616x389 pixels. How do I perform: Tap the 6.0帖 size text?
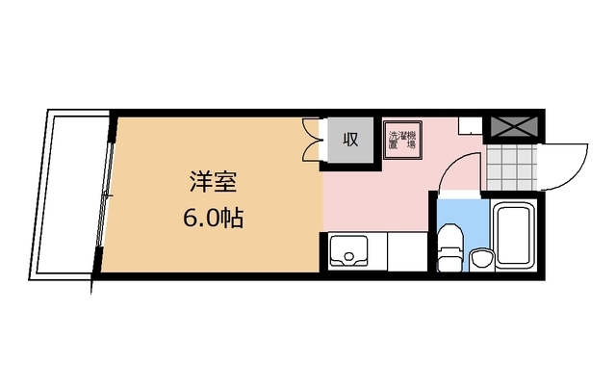[x=212, y=218]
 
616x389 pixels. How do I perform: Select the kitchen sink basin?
[x=348, y=251]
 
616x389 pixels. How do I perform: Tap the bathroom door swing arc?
[x=458, y=169]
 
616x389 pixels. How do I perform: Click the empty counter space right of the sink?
[x=404, y=251]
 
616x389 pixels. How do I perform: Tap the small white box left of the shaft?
[x=469, y=125]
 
